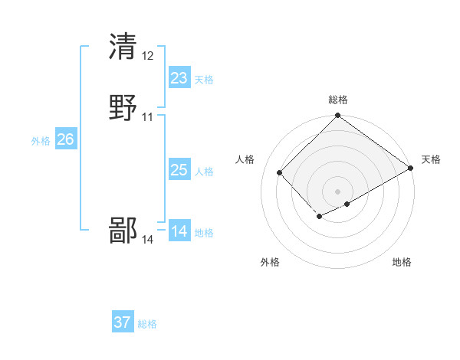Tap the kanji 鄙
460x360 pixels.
123,230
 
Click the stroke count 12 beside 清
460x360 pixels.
148,55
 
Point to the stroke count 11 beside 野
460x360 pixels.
148,117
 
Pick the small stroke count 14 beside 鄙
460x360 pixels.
148,240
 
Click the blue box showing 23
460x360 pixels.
179,77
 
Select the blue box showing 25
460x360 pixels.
179,170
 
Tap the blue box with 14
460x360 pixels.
179,231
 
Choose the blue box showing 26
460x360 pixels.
65,139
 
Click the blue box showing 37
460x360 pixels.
123,322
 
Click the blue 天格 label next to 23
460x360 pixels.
204,80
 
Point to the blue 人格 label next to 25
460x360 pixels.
204,172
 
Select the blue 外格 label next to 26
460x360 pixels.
41,141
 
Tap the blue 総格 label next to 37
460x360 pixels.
147,324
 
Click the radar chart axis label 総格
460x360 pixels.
338,100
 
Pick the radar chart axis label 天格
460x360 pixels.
431,159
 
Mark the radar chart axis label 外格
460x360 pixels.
270,262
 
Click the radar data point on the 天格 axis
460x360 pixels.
411,169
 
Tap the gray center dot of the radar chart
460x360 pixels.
338,191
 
